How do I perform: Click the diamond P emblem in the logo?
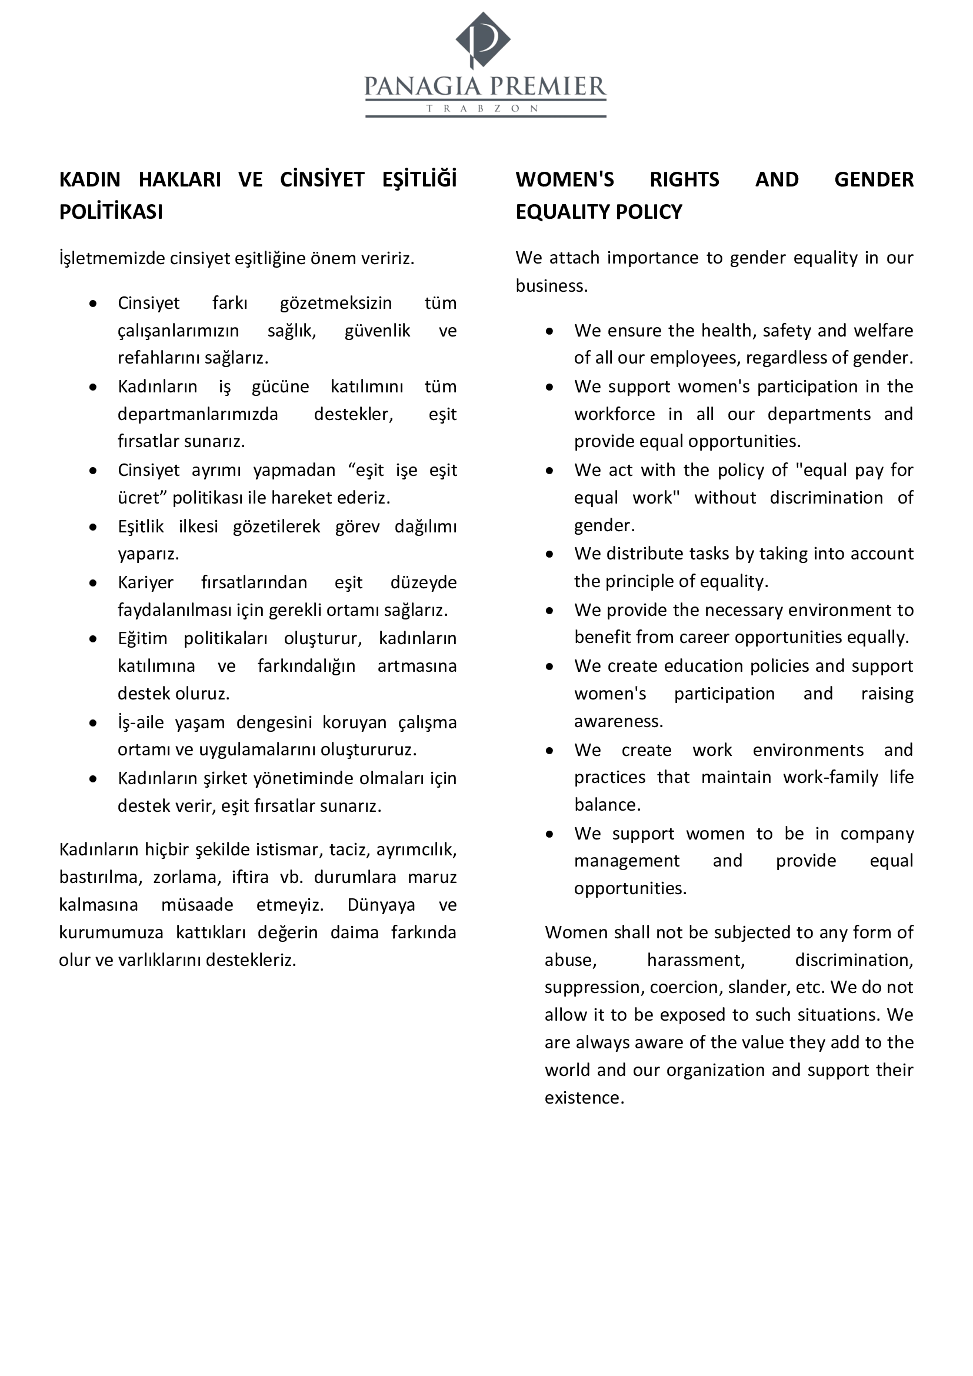[483, 39]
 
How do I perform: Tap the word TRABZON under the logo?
[483, 109]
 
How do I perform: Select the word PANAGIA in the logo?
[422, 87]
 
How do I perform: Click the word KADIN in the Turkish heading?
[90, 180]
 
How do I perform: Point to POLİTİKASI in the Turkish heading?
[111, 212]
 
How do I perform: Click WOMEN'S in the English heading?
[564, 180]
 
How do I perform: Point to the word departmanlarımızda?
[198, 414]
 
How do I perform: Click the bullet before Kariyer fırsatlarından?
[93, 583]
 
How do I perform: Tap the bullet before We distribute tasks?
[549, 554]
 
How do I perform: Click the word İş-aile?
[140, 723]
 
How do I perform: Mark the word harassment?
[695, 960]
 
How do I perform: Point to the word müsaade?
[197, 904]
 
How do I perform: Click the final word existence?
[584, 1097]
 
